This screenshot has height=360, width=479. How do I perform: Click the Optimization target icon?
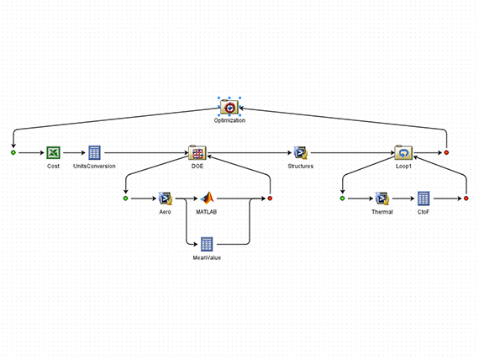pos(229,108)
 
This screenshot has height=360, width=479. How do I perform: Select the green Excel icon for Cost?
pos(53,152)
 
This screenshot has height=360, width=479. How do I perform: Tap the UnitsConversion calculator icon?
pos(94,152)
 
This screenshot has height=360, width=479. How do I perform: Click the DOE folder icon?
pos(197,152)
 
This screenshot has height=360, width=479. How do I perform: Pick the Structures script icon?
pos(301,152)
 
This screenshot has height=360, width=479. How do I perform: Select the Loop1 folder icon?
pos(403,152)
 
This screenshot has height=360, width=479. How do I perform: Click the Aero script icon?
pos(166,199)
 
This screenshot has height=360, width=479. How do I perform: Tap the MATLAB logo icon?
pos(207,199)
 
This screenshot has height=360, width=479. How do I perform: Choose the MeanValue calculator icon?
pos(207,244)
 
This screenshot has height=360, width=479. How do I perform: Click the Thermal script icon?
pos(382,199)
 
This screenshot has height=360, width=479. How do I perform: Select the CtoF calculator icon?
pos(424,199)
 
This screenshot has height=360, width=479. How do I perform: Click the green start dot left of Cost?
pos(13,152)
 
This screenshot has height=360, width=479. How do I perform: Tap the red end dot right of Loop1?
pos(446,152)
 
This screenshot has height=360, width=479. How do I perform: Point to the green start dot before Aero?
pos(125,199)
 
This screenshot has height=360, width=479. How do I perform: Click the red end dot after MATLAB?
pos(270,199)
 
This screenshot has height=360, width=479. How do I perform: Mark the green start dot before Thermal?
pos(343,199)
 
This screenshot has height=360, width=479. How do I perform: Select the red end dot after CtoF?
pos(466,199)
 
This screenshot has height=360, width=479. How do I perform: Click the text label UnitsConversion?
pos(94,166)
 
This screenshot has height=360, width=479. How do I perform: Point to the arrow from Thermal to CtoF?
pos(403,199)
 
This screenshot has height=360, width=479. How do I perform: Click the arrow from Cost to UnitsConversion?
pos(74,152)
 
